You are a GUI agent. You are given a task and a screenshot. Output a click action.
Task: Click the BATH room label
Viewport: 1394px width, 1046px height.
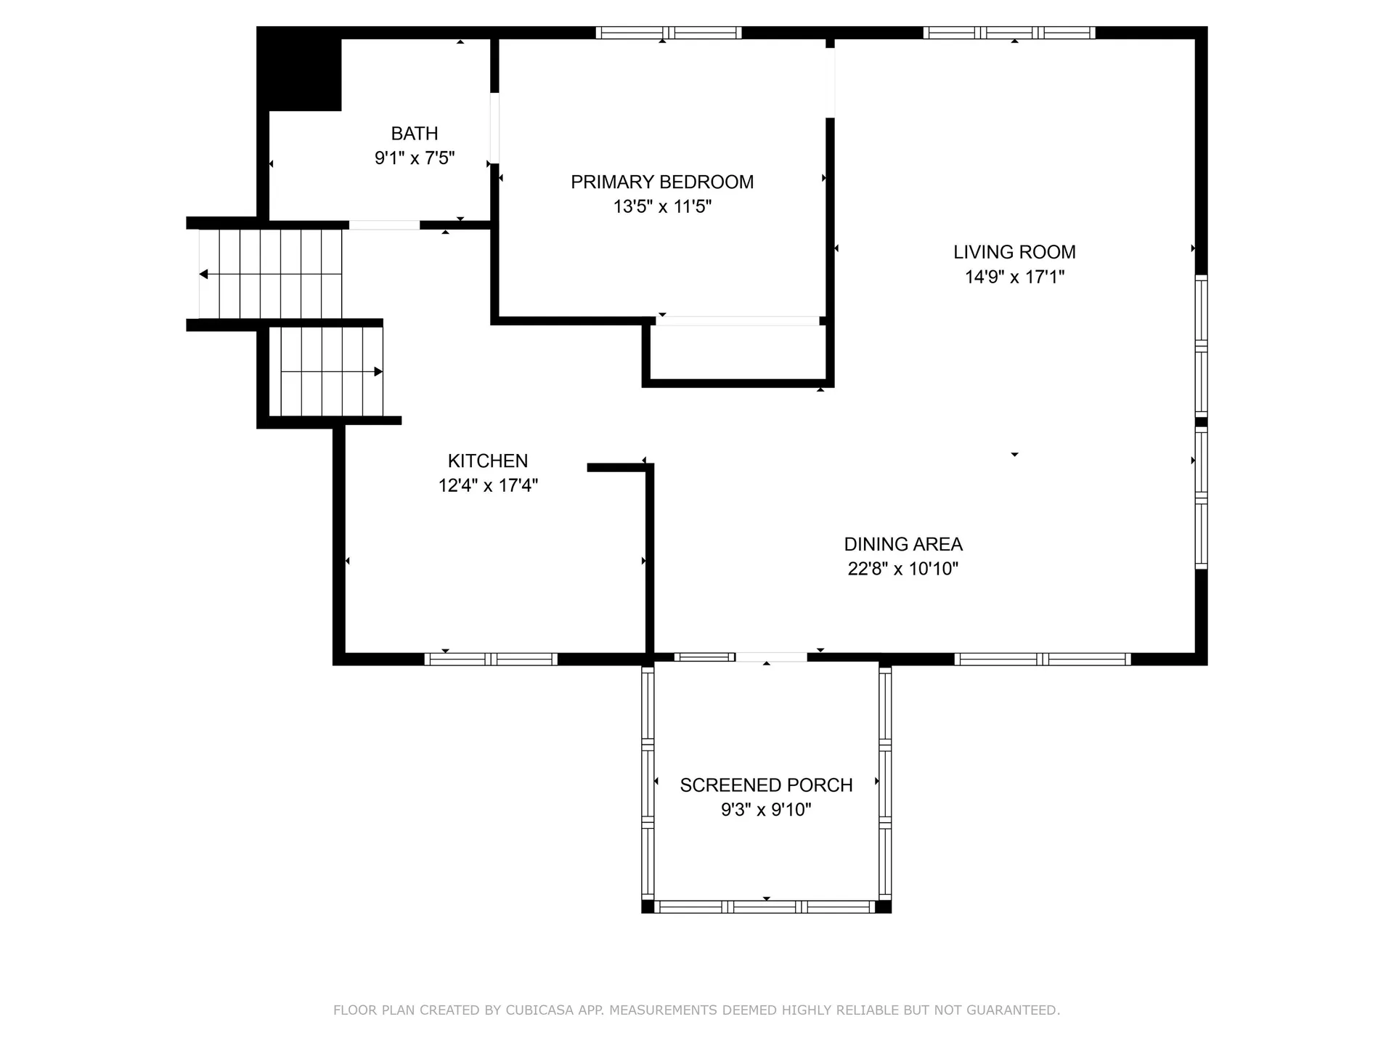415,134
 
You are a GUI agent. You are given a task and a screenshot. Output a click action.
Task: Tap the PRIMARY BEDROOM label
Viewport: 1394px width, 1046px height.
662,182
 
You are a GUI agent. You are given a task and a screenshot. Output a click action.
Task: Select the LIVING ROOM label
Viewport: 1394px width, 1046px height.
1014,252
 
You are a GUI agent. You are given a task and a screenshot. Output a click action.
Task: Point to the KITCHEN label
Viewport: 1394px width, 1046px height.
488,461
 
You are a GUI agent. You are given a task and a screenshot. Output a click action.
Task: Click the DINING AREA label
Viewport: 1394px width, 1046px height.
903,544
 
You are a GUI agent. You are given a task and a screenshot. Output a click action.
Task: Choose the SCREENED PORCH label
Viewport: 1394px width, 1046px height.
766,785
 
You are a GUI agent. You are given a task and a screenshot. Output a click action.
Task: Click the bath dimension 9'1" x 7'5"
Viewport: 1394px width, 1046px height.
415,158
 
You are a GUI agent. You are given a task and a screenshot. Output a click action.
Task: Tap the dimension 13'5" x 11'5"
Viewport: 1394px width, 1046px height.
662,207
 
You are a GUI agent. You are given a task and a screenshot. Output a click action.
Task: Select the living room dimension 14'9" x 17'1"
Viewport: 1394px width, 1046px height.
1014,277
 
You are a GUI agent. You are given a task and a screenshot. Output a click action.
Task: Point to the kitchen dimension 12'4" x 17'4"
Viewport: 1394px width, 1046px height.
488,485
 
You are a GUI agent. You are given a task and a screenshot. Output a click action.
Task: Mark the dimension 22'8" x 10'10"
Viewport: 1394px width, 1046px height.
903,569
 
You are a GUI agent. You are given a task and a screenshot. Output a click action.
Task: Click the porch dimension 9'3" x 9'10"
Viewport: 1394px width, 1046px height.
766,810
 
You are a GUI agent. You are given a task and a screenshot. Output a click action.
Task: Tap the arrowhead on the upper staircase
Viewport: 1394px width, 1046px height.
204,274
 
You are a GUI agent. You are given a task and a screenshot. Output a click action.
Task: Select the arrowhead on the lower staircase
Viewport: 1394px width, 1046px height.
378,372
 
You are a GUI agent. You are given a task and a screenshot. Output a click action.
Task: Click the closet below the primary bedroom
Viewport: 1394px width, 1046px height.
738,352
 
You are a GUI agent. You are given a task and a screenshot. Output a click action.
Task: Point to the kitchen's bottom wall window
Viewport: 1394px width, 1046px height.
491,660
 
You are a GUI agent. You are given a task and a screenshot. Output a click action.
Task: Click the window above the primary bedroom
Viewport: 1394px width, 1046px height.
669,33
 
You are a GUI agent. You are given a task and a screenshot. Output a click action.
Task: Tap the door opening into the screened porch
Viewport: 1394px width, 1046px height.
771,657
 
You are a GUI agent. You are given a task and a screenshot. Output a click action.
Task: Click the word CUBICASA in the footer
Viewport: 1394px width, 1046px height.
540,1010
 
